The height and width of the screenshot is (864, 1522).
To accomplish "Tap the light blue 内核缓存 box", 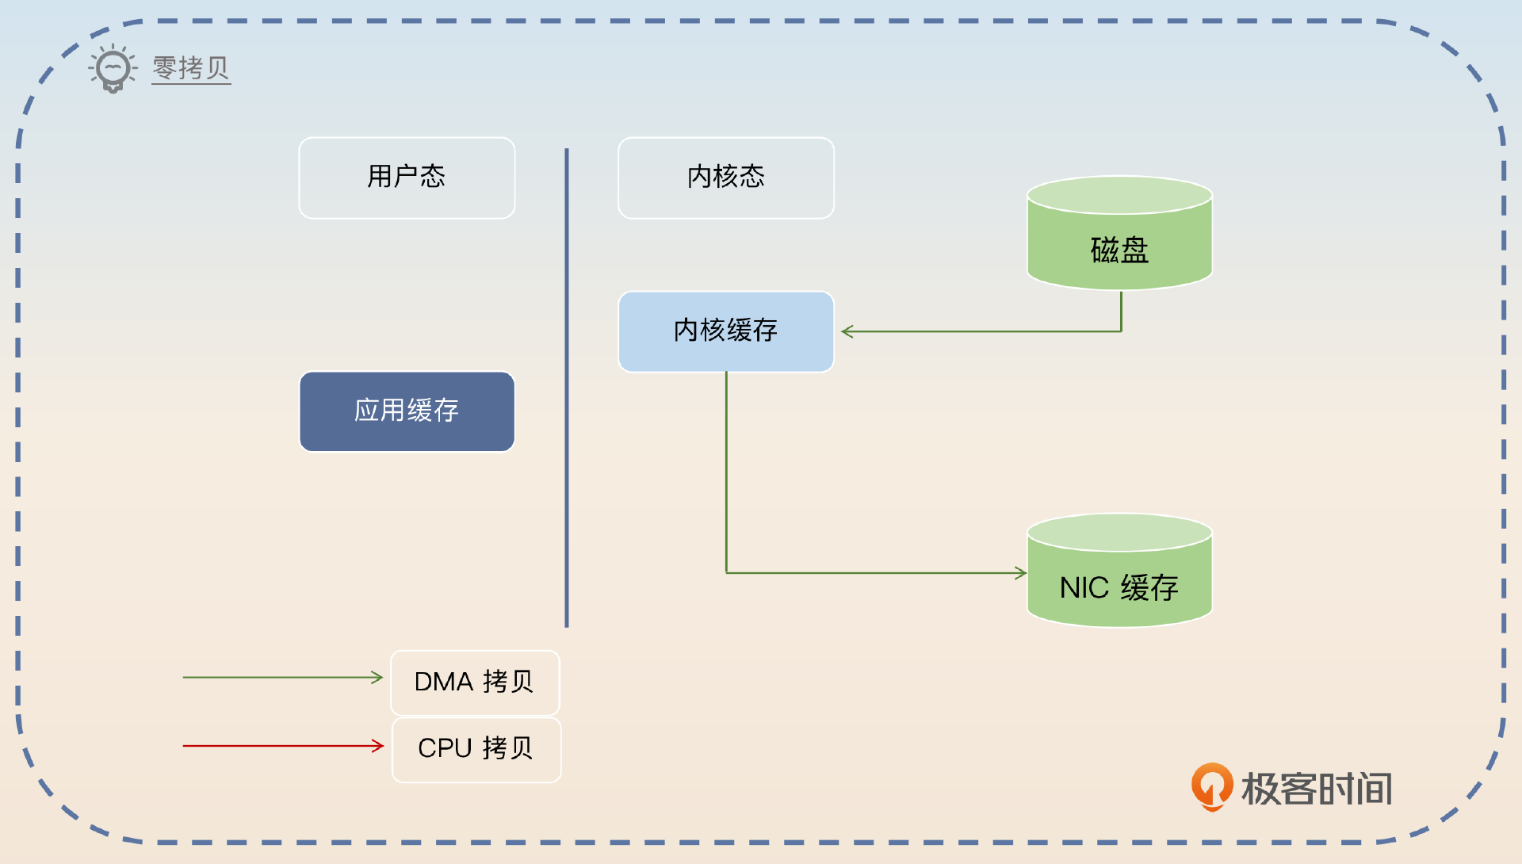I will pyautogui.click(x=725, y=331).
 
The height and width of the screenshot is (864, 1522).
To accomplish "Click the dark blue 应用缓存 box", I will pyautogui.click(x=407, y=411).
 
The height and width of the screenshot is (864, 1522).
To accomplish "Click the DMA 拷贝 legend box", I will pyautogui.click(x=475, y=682).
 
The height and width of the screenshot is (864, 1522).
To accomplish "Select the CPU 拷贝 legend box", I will pyautogui.click(x=476, y=749).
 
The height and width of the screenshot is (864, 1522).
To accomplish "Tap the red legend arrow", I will pyautogui.click(x=281, y=746).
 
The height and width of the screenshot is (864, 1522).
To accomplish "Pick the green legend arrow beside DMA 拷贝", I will pyautogui.click(x=281, y=678).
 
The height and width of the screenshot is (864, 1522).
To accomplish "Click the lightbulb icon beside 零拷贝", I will pyautogui.click(x=113, y=69).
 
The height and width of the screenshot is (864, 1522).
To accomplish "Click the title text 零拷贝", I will pyautogui.click(x=190, y=68).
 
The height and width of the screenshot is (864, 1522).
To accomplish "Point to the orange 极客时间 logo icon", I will pyautogui.click(x=1211, y=786).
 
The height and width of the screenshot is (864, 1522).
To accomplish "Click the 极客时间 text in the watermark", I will pyautogui.click(x=1316, y=789).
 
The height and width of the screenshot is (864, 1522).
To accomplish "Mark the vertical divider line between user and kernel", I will pyautogui.click(x=567, y=388).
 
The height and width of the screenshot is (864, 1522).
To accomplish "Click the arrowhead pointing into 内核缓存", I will pyautogui.click(x=847, y=331).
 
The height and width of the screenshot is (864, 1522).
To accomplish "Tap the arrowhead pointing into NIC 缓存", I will pyautogui.click(x=1021, y=572).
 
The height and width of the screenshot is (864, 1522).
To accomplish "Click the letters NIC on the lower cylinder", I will pyautogui.click(x=1084, y=588).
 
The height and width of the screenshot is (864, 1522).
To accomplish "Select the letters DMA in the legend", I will pyautogui.click(x=443, y=682).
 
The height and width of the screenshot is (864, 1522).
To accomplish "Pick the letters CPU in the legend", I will pyautogui.click(x=445, y=748).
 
